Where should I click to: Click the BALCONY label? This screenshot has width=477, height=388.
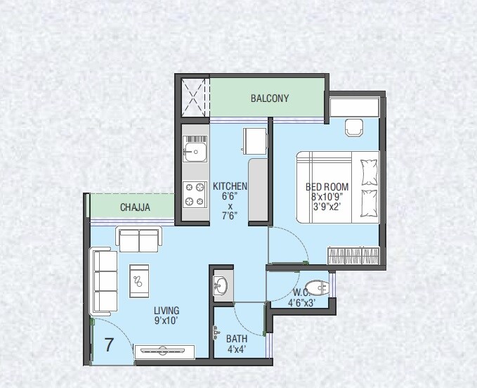(270, 98)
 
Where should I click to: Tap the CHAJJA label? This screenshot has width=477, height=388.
(133, 207)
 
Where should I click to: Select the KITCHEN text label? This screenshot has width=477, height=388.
(230, 186)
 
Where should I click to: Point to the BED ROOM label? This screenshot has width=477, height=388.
(326, 187)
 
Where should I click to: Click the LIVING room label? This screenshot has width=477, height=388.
(166, 310)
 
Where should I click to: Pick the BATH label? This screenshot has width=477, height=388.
(237, 339)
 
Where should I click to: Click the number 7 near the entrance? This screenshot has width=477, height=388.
(109, 345)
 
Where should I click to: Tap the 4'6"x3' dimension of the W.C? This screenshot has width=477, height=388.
(301, 303)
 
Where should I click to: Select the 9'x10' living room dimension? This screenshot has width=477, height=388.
(166, 321)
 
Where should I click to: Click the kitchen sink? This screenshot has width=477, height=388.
(195, 150)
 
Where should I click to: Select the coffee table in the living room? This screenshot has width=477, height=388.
(139, 280)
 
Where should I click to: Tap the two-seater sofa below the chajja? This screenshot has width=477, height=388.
(139, 240)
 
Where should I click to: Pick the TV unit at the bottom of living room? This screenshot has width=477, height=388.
(163, 351)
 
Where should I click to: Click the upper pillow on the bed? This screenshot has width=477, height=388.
(368, 171)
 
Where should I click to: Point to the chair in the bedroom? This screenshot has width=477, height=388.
(352, 128)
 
